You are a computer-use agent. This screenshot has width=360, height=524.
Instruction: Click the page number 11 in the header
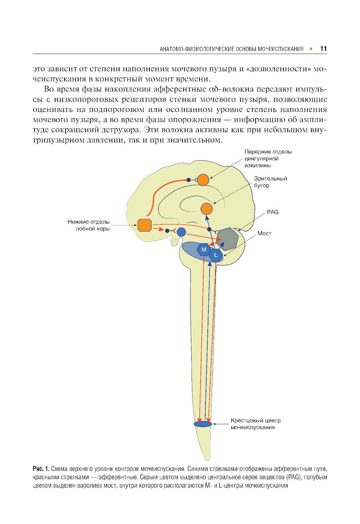(323, 49)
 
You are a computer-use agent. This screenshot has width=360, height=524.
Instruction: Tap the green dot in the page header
(311, 49)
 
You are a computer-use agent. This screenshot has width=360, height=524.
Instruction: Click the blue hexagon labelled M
(204, 250)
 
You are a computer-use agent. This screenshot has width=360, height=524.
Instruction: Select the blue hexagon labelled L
(216, 255)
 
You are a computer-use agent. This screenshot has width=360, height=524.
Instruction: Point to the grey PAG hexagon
(228, 238)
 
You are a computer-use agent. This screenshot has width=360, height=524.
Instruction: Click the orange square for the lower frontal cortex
(144, 225)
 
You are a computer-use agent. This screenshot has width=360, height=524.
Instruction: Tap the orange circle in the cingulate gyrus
(203, 180)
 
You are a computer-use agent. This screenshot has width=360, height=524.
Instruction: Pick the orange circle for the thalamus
(207, 209)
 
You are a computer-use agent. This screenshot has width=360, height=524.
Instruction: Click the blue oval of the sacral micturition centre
(203, 424)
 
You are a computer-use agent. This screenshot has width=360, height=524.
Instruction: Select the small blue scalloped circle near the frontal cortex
(181, 232)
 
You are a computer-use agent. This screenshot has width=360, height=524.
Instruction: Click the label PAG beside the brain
(273, 212)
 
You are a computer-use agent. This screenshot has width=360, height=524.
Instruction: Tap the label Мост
(264, 233)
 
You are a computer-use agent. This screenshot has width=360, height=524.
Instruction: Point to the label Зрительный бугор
(270, 182)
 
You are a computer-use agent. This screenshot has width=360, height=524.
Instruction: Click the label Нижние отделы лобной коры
(89, 225)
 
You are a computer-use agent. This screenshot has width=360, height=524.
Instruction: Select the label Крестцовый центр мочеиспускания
(255, 424)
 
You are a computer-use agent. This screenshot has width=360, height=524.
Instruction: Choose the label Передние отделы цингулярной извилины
(268, 158)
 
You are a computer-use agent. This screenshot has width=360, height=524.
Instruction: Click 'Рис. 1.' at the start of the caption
(41, 469)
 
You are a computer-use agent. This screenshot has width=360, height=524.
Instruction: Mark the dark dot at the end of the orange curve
(188, 180)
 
